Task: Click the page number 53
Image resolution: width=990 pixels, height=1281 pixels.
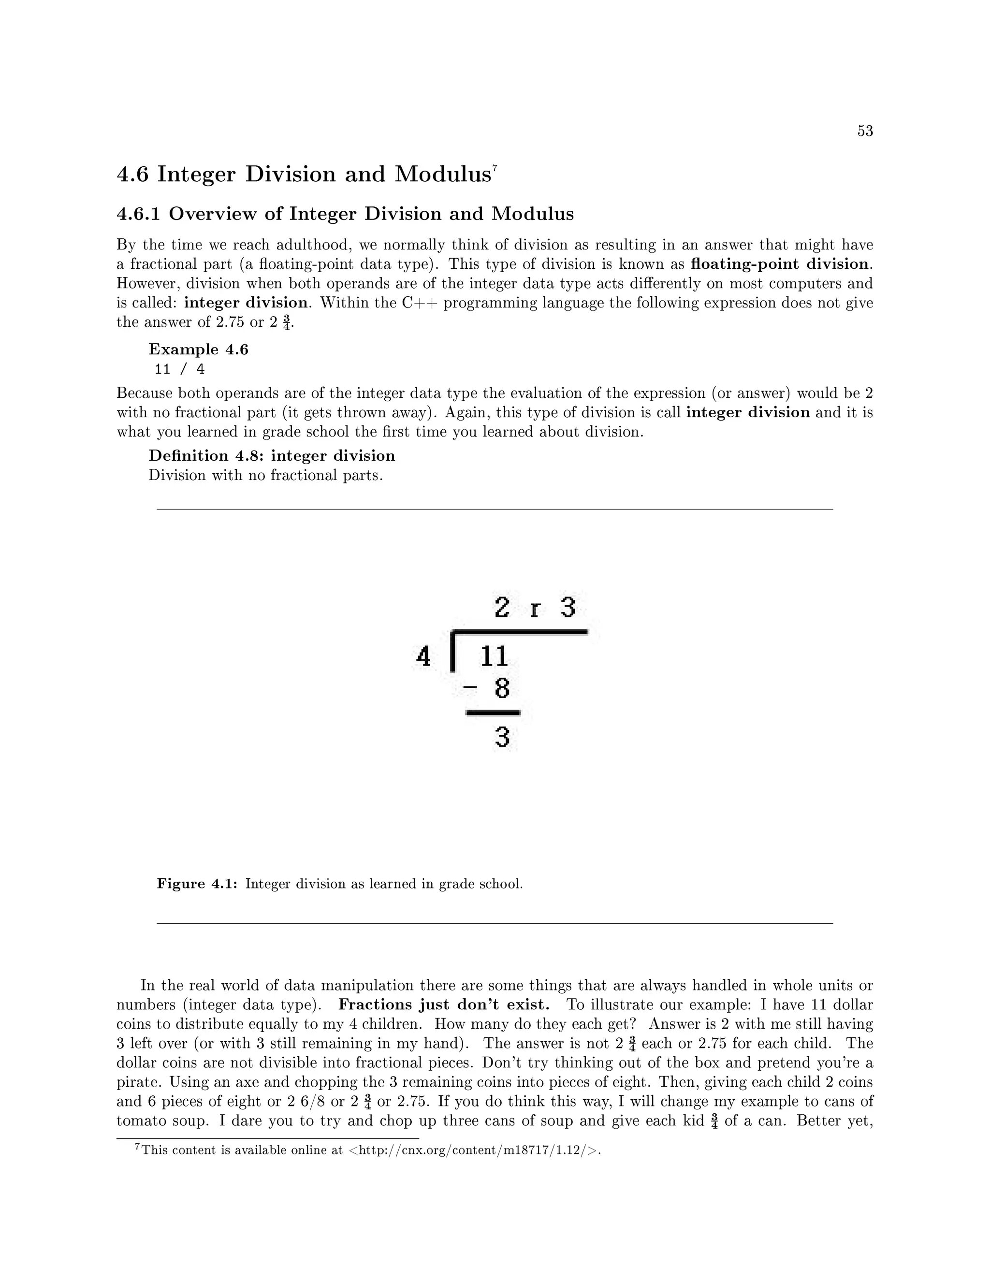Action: pos(865,131)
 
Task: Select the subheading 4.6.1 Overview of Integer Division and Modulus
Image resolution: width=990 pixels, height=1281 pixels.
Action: pos(345,214)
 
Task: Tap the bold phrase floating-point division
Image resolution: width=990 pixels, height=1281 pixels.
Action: pos(779,264)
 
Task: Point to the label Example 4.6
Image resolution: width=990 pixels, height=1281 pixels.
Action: pos(198,349)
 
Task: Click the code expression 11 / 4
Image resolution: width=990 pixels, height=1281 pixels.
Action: pos(179,369)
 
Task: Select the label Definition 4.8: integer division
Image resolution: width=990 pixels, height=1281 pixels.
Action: pos(272,456)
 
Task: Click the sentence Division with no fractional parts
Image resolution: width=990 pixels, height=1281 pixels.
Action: pos(266,475)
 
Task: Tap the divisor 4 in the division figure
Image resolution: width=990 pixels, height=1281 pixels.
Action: pos(423,656)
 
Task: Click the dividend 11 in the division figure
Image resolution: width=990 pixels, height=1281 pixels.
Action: pos(494,656)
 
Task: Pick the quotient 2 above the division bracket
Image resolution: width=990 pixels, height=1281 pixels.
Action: pos(501,607)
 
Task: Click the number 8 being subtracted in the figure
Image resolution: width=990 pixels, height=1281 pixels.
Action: pos(502,688)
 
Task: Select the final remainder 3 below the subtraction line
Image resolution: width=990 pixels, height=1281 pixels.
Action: pos(502,737)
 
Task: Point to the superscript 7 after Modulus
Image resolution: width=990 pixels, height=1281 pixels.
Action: pos(495,169)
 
